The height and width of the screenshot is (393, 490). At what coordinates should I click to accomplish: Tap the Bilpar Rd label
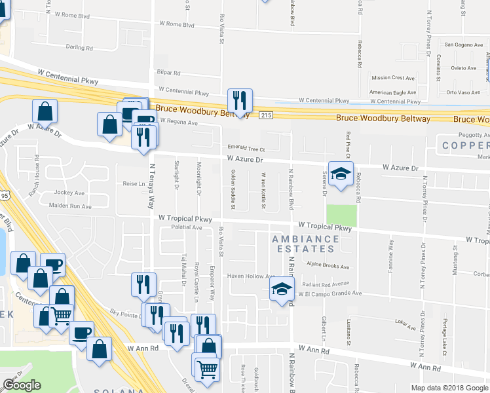(x=168, y=74)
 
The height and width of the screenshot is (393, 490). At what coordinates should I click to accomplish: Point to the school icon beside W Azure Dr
(x=341, y=174)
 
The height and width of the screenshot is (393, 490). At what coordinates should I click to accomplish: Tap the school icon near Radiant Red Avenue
(x=282, y=289)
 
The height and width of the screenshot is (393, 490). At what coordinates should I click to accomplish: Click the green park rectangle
(x=342, y=215)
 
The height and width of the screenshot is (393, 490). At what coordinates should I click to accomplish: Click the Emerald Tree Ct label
(x=246, y=147)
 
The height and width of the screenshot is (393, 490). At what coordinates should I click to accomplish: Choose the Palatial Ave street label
(x=187, y=227)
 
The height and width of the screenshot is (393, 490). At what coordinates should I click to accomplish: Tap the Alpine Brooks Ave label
(x=327, y=267)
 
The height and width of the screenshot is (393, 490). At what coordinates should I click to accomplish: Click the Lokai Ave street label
(x=406, y=322)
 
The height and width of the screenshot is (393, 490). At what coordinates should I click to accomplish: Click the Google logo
(x=22, y=385)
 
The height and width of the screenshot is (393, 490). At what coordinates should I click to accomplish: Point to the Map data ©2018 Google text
(x=449, y=388)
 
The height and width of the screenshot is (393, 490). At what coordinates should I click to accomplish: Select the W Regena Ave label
(x=174, y=122)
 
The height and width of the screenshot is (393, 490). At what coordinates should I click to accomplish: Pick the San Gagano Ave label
(x=462, y=45)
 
